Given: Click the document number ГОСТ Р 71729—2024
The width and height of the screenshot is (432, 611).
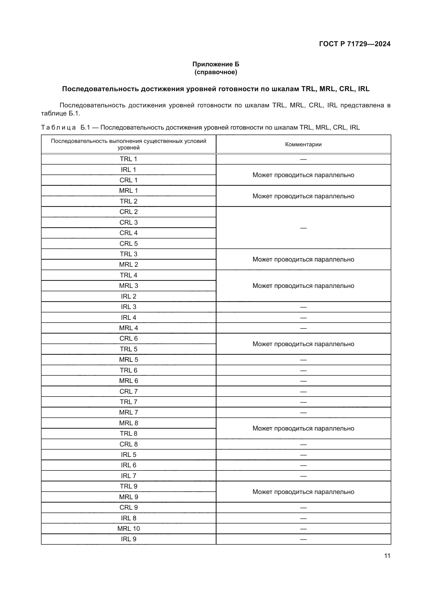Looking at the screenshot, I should click(355, 44).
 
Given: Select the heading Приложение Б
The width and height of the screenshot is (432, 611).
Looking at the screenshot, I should click(216, 64).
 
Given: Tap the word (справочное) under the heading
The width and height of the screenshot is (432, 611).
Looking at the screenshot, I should click(216, 72).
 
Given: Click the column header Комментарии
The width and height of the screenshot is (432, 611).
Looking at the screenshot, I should click(303, 144).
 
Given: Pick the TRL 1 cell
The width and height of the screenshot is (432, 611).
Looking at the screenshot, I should click(129, 159).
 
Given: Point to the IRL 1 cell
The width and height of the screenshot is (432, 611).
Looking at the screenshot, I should click(129, 170).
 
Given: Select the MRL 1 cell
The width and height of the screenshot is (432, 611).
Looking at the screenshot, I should click(129, 191).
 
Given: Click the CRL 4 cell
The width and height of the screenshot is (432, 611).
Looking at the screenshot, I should click(129, 233).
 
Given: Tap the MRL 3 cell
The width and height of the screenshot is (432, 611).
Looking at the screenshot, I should click(129, 286).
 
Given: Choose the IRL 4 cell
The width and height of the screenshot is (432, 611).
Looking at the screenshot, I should click(129, 317).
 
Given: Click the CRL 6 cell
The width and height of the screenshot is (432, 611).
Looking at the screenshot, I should click(129, 339).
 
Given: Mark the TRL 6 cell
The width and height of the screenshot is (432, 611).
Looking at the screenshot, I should click(129, 370).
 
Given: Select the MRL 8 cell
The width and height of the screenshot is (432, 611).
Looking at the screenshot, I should click(129, 423).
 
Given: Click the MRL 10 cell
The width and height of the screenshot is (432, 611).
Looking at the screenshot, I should click(129, 528).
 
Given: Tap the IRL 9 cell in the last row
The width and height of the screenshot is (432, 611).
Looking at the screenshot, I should click(129, 539).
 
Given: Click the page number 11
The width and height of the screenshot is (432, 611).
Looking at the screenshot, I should click(387, 556).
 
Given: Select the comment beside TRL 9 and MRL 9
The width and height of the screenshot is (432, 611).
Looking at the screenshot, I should click(303, 492).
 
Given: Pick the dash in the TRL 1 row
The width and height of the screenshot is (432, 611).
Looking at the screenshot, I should click(303, 159).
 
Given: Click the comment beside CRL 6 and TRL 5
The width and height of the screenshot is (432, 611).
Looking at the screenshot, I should click(303, 344).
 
